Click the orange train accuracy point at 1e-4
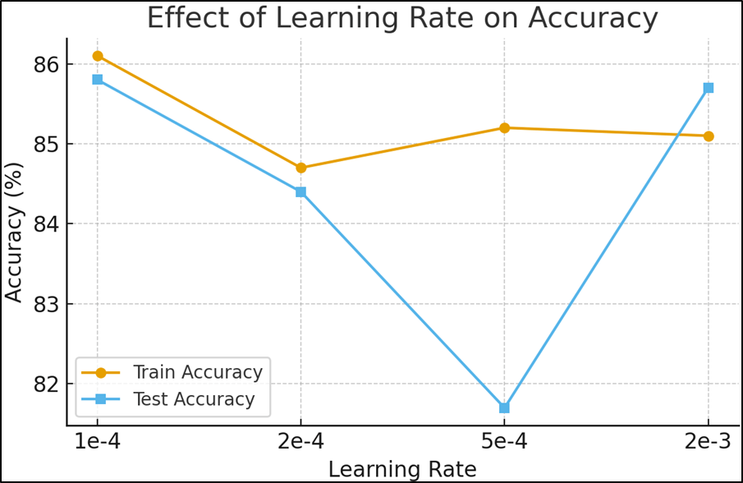point(98,56)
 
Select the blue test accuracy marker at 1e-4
point(98,80)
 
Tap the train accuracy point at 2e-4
point(301,168)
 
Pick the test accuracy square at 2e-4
point(301,191)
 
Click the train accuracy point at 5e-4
point(505,127)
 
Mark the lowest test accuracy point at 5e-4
point(505,407)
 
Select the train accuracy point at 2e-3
point(709,136)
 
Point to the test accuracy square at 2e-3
point(709,88)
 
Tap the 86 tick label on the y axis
point(48,64)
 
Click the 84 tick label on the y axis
point(48,224)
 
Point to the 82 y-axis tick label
point(48,384)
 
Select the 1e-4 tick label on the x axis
point(98,441)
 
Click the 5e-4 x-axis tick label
point(505,441)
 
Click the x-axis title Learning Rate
point(402,469)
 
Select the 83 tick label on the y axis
point(48,304)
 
